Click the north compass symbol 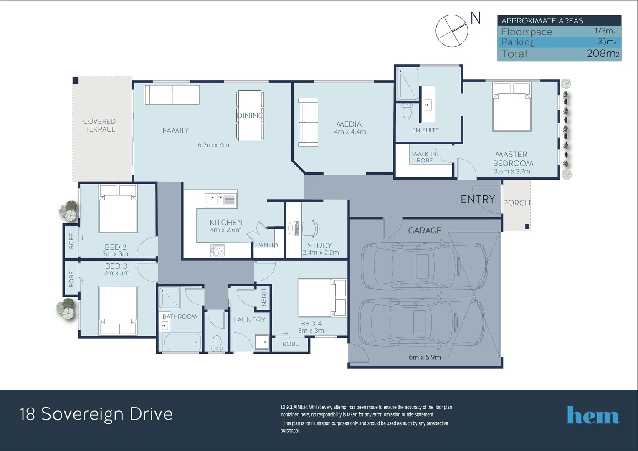[452, 31]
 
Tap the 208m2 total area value [603, 53]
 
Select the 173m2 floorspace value [605, 31]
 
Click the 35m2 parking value [607, 42]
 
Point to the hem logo [592, 416]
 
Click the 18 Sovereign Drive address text [96, 414]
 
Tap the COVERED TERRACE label [99, 125]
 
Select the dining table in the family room [250, 116]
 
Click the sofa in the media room [308, 122]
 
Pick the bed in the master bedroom [511, 107]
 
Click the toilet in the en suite [407, 111]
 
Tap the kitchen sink [220, 200]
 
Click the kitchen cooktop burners [218, 251]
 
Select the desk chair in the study [310, 228]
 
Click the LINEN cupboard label [263, 297]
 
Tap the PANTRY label [267, 245]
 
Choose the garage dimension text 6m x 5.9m [425, 357]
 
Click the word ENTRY [478, 199]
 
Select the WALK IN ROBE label [424, 157]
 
